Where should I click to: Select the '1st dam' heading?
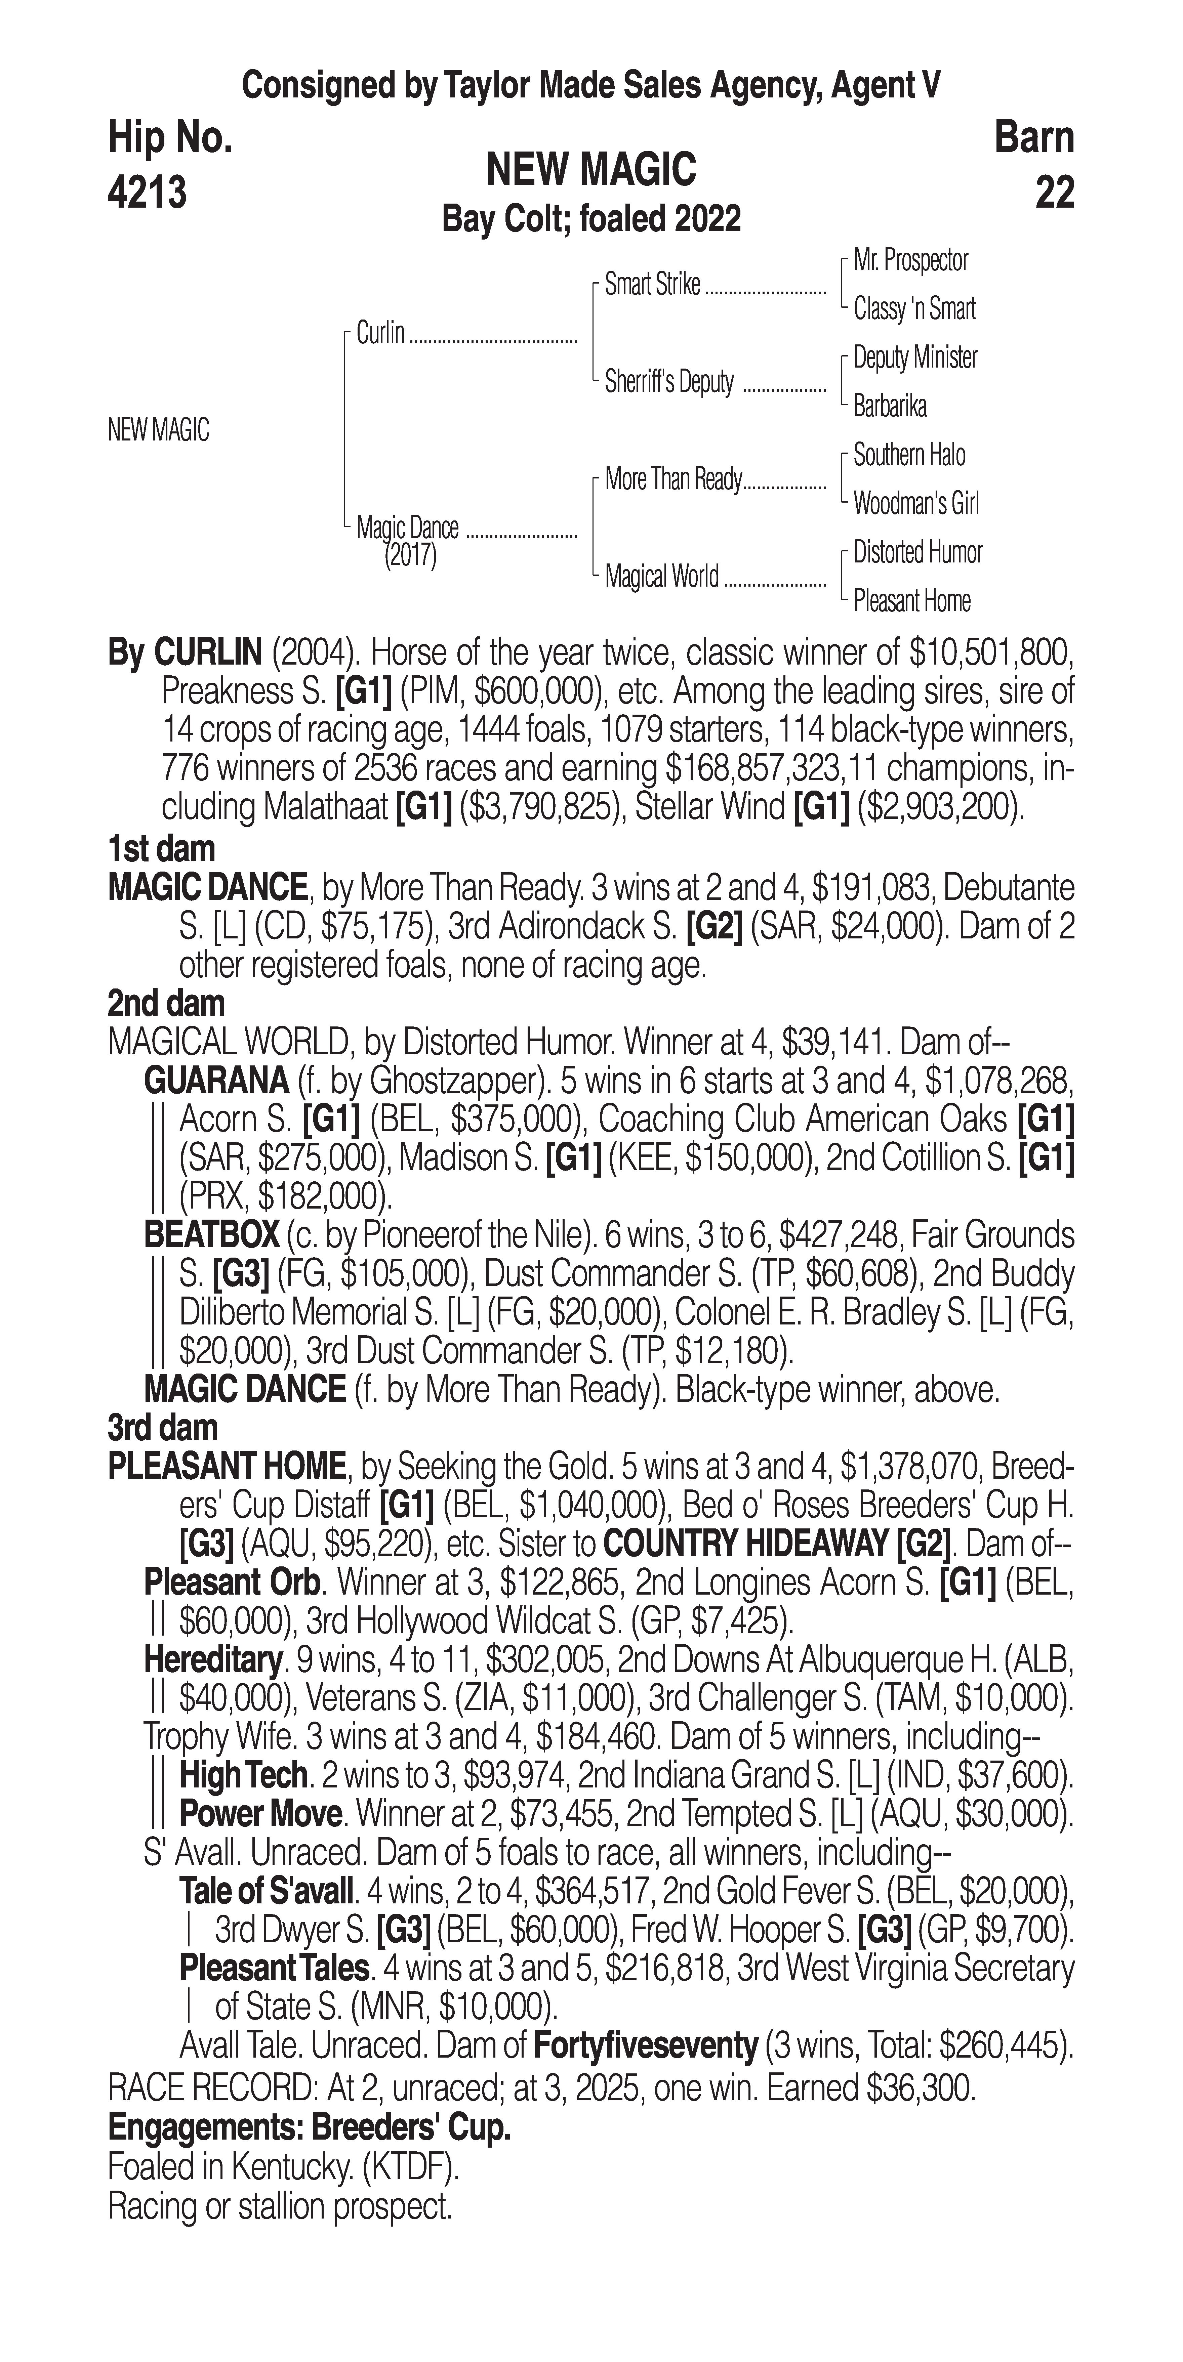click(x=161, y=849)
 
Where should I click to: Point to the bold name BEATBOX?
click(x=212, y=1235)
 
